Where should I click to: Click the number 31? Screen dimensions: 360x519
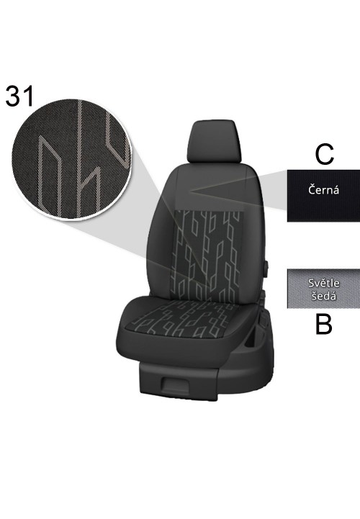coord(20,96)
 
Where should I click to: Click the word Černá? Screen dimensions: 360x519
coord(323,190)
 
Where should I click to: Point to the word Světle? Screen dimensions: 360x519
coord(323,283)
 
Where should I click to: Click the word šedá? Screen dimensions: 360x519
coord(323,295)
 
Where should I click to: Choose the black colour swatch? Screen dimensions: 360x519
coord(323,196)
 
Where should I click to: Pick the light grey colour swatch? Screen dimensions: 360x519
coord(323,289)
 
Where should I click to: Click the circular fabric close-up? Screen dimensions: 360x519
coord(71,158)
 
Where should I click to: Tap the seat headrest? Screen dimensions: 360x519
coord(214,142)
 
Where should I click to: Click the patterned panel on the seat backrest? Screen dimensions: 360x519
coord(208,255)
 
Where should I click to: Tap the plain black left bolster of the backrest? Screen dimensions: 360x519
coord(161,238)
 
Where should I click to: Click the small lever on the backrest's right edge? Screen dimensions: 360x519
coord(266,269)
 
